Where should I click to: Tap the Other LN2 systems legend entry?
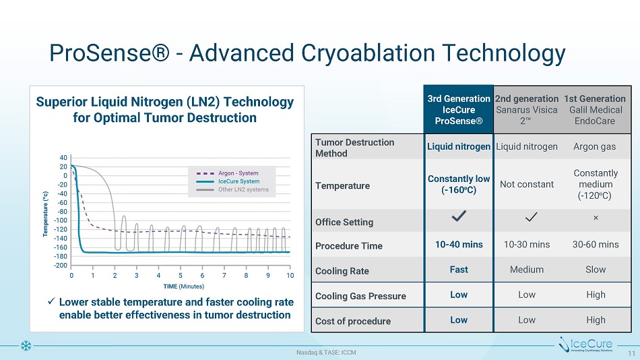coord(243,189)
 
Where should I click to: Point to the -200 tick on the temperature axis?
coord(61,266)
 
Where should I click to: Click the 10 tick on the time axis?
coord(290,276)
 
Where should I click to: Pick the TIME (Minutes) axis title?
coord(180,286)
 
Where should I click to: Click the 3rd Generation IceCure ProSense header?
coord(458,109)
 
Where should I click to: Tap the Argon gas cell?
coord(595,146)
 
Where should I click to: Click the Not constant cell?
coord(527,184)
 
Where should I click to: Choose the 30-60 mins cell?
coord(595,244)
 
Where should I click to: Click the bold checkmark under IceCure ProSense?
coord(458,216)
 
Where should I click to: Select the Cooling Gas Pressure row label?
coord(360,296)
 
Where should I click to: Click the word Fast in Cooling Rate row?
coord(458,269)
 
